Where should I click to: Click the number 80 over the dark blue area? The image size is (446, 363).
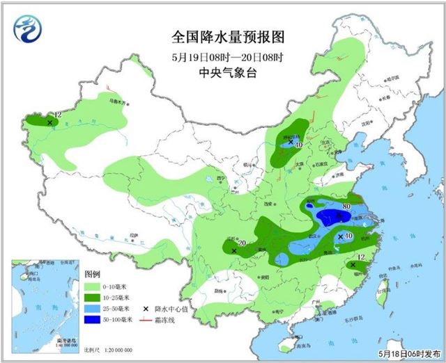coord(346,205)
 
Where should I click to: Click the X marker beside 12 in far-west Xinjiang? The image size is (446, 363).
coord(49,122)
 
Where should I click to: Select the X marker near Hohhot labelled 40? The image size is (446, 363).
coord(291,141)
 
